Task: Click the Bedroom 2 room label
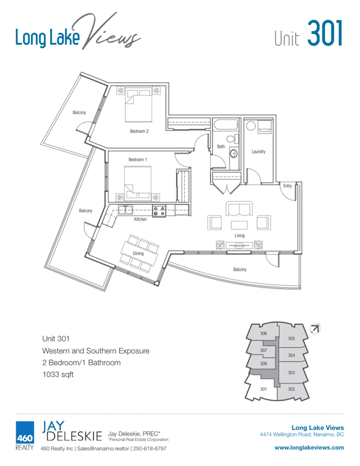click(x=139, y=131)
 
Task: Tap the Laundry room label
click(x=258, y=151)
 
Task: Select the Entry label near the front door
click(x=287, y=186)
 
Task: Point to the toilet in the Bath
click(x=232, y=138)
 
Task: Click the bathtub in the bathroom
click(x=226, y=124)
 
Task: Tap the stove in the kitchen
click(x=159, y=210)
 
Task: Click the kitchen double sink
click(x=125, y=209)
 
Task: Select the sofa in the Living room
click(x=239, y=209)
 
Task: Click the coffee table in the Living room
click(x=239, y=225)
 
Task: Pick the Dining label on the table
click(x=138, y=253)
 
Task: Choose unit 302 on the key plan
click(x=291, y=389)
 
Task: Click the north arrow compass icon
click(x=315, y=329)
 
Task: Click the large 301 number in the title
click(x=325, y=33)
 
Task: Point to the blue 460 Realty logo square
click(x=25, y=433)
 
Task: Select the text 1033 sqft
click(x=58, y=374)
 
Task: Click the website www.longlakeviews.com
click(x=309, y=447)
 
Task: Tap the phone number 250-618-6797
click(x=150, y=449)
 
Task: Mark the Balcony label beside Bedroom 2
click(x=79, y=113)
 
